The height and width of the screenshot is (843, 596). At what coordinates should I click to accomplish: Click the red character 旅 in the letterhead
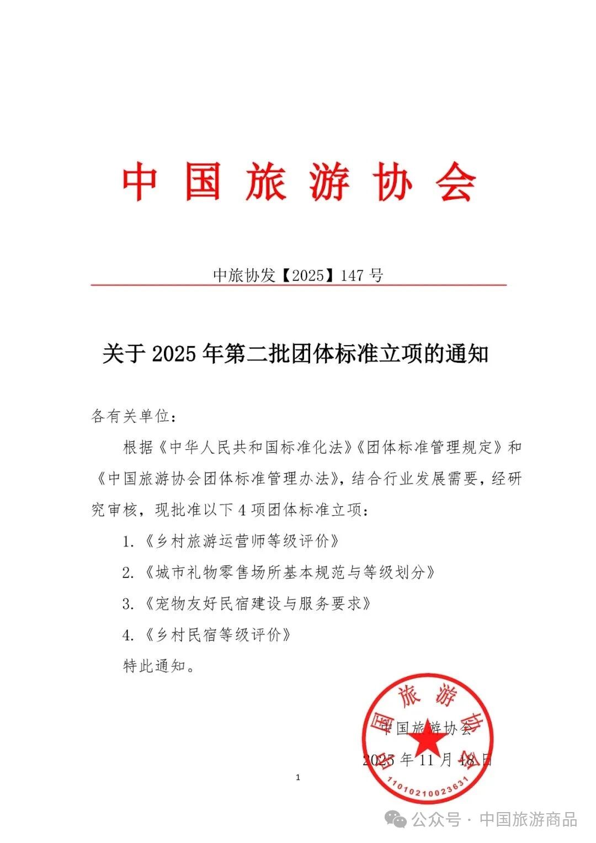point(266,181)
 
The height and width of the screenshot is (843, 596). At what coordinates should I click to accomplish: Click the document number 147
point(352,275)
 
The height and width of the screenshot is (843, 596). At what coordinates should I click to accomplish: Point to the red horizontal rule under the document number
point(298,285)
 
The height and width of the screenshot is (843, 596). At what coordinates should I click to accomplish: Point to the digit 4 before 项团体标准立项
point(241,510)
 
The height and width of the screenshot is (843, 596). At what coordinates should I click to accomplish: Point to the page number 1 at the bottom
point(298,778)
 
